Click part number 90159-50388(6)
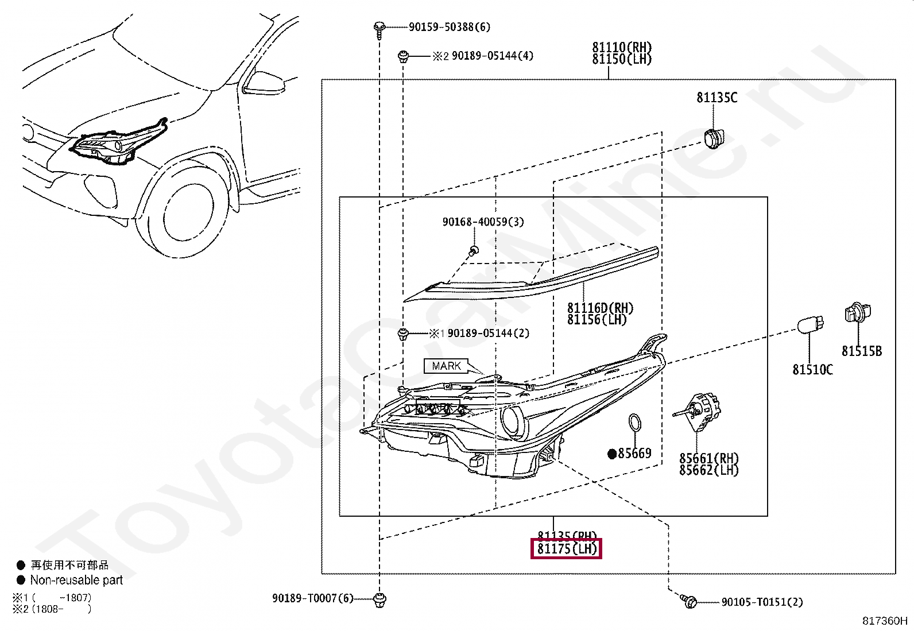pos(449,27)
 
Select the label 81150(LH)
pos(622,59)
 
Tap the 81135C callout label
pos(717,98)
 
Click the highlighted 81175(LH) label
pos(567,549)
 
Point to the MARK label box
pos(446,366)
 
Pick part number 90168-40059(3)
pos(483,222)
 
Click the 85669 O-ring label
pos(634,454)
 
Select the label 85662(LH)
pos(708,470)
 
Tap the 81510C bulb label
pos(812,370)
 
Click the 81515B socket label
pos(861,351)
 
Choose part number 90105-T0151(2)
pos(762,602)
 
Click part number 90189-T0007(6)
pos(313,599)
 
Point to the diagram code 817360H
pos(884,621)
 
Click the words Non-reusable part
pos(76,580)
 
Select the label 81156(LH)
pos(597,320)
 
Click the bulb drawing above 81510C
pos(811,325)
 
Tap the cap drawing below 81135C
pos(714,138)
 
